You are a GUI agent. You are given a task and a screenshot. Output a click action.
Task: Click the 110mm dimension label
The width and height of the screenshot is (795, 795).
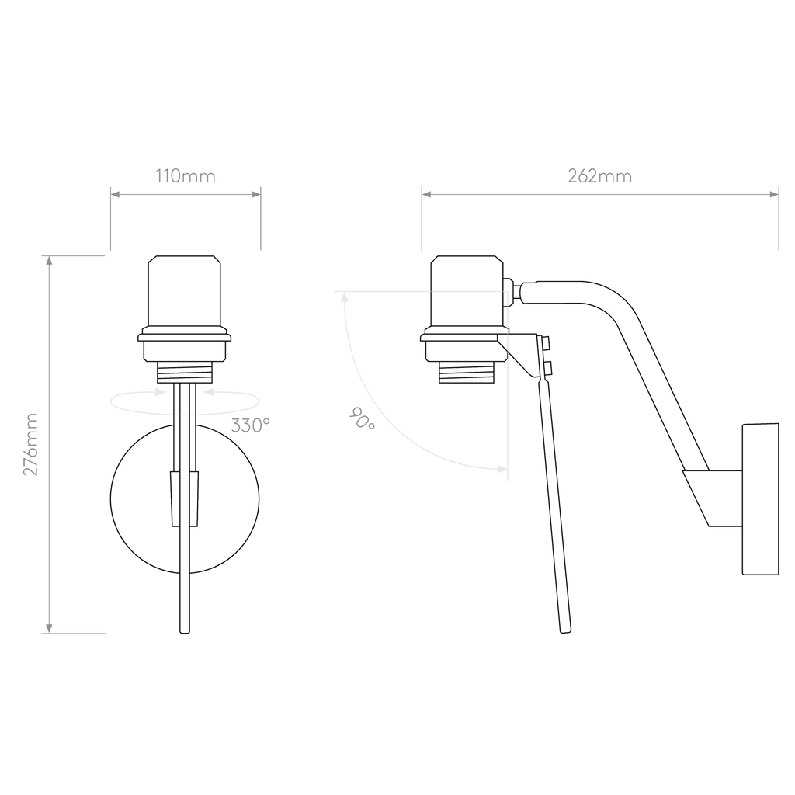pyautogui.click(x=186, y=176)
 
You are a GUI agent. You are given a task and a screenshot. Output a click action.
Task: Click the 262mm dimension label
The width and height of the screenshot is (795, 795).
pyautogui.click(x=600, y=176)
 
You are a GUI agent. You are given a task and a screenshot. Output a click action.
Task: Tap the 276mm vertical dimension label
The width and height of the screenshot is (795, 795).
pyautogui.click(x=31, y=444)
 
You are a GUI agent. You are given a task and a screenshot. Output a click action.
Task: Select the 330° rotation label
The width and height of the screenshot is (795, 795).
pyautogui.click(x=250, y=425)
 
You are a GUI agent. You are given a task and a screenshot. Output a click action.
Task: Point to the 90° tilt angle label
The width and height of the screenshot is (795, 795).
pyautogui.click(x=362, y=418)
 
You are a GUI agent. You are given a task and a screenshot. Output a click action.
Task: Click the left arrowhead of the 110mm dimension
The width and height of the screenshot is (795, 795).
pyautogui.click(x=115, y=194)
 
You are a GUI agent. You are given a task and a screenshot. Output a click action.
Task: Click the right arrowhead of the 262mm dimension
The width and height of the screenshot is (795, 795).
pyautogui.click(x=774, y=194)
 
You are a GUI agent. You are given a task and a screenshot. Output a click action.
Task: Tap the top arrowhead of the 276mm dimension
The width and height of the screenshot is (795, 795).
pyautogui.click(x=49, y=260)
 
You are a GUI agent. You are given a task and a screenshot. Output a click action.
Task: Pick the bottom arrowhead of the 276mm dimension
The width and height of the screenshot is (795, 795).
pyautogui.click(x=49, y=629)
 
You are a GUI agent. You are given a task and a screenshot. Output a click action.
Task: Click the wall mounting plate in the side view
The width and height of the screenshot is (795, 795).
pyautogui.click(x=761, y=499)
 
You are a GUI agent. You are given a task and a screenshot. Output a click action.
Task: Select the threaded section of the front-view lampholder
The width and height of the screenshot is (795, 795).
pyautogui.click(x=185, y=372)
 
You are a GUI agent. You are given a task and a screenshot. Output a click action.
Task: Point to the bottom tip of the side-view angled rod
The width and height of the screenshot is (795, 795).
pyautogui.click(x=566, y=632)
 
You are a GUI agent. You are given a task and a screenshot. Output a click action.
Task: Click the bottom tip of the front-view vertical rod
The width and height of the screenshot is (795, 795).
pyautogui.click(x=185, y=632)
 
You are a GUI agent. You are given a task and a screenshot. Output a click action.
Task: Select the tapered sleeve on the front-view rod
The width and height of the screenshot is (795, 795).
pyautogui.click(x=185, y=499)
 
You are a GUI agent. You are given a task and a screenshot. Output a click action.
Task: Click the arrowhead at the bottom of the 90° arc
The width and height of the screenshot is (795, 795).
pyautogui.click(x=502, y=469)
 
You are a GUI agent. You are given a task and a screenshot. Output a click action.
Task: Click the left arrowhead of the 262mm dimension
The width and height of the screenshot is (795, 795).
pyautogui.click(x=426, y=194)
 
